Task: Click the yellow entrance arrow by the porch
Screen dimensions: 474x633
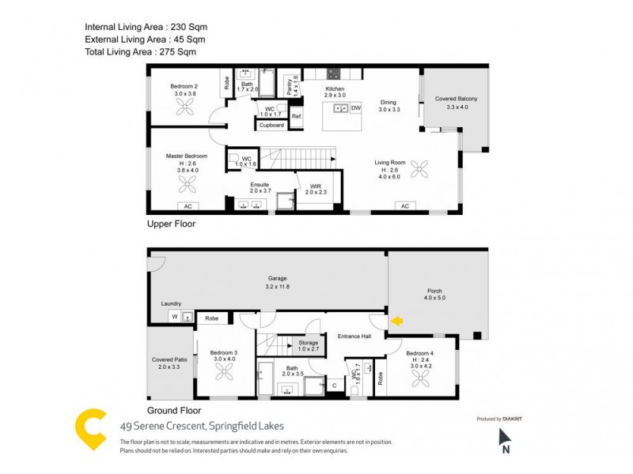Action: [x=398, y=321]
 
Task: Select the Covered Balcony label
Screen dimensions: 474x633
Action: [x=457, y=103]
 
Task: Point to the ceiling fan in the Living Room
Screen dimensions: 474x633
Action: [x=419, y=168]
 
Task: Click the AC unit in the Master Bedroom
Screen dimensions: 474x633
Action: [x=188, y=206]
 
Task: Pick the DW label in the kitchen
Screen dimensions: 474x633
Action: [x=355, y=107]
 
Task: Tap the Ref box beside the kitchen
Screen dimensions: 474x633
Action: [x=297, y=117]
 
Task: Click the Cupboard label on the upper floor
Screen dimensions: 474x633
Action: [x=271, y=125]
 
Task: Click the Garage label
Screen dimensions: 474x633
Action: [x=276, y=281]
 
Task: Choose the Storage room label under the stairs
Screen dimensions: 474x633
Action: [x=308, y=344]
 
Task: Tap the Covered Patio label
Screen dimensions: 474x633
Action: [x=169, y=363]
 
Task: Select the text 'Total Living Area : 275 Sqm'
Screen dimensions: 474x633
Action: [x=140, y=51]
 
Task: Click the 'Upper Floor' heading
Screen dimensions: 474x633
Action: [x=171, y=224]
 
